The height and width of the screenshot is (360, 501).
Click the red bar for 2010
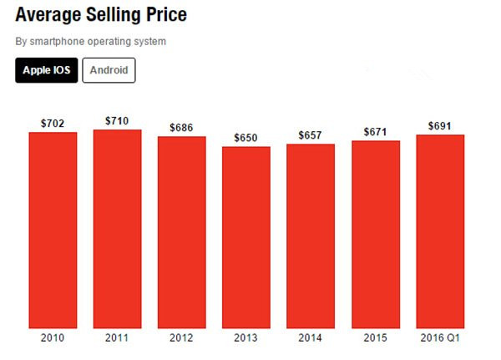pyautogui.click(x=53, y=230)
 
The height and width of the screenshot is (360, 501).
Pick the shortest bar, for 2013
pyautogui.click(x=246, y=237)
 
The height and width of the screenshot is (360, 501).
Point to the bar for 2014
pyautogui.click(x=311, y=236)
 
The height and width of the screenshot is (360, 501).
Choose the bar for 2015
pyautogui.click(x=376, y=235)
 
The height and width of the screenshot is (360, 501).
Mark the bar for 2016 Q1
pyautogui.click(x=440, y=231)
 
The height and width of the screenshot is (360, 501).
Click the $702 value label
pyautogui.click(x=53, y=124)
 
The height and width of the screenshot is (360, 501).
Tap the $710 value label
pyautogui.click(x=118, y=121)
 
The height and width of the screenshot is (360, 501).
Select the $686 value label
pyautogui.click(x=182, y=128)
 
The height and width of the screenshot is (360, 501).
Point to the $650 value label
pyautogui.click(x=246, y=138)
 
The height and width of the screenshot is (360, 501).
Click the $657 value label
pyautogui.click(x=311, y=135)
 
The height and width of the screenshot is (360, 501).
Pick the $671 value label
pyautogui.click(x=376, y=132)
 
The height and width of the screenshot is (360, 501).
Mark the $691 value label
pyautogui.click(x=440, y=126)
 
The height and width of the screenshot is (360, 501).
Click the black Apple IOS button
pyautogui.click(x=46, y=70)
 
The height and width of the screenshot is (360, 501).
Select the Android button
pyautogui.click(x=109, y=70)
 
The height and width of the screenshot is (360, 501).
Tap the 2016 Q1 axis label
pyautogui.click(x=440, y=338)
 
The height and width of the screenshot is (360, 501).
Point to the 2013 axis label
pyautogui.click(x=246, y=338)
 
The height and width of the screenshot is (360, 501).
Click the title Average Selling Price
pyautogui.click(x=101, y=15)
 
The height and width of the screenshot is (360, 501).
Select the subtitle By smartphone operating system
pyautogui.click(x=91, y=41)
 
